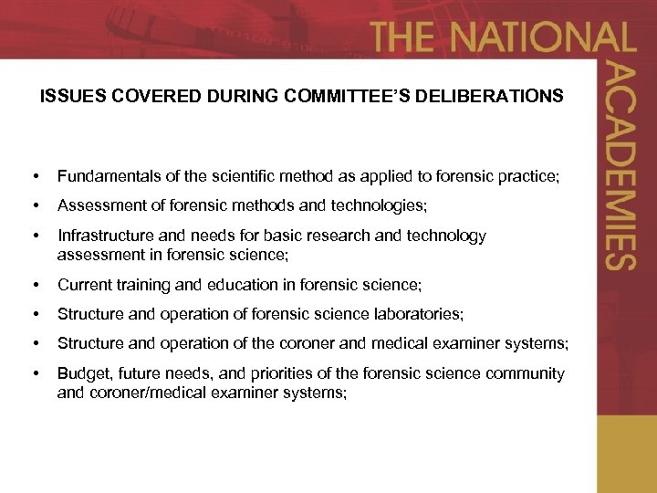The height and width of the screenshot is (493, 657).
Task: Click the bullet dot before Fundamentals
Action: [35, 174]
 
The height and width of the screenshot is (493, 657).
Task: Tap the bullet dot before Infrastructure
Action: [35, 236]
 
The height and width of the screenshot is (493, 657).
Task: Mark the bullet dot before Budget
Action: [35, 374]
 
